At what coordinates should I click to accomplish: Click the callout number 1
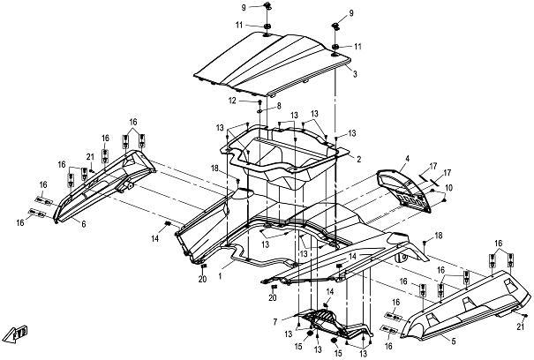click(221, 275)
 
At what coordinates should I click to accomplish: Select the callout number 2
click(358, 159)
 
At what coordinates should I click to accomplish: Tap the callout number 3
click(355, 74)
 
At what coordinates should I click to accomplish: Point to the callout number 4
click(407, 159)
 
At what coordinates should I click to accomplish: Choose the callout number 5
click(454, 341)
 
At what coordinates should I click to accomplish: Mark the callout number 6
click(84, 224)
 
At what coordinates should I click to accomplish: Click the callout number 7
click(275, 321)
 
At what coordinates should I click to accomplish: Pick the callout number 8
click(279, 106)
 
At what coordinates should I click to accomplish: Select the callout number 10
click(449, 188)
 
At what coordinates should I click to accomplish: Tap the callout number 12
click(232, 101)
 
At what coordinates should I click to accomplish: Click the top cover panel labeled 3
click(273, 64)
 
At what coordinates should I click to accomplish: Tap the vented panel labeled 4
click(403, 191)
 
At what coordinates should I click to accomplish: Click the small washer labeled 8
click(259, 111)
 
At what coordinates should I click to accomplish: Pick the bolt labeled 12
click(260, 101)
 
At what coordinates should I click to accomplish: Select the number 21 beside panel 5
click(520, 326)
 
